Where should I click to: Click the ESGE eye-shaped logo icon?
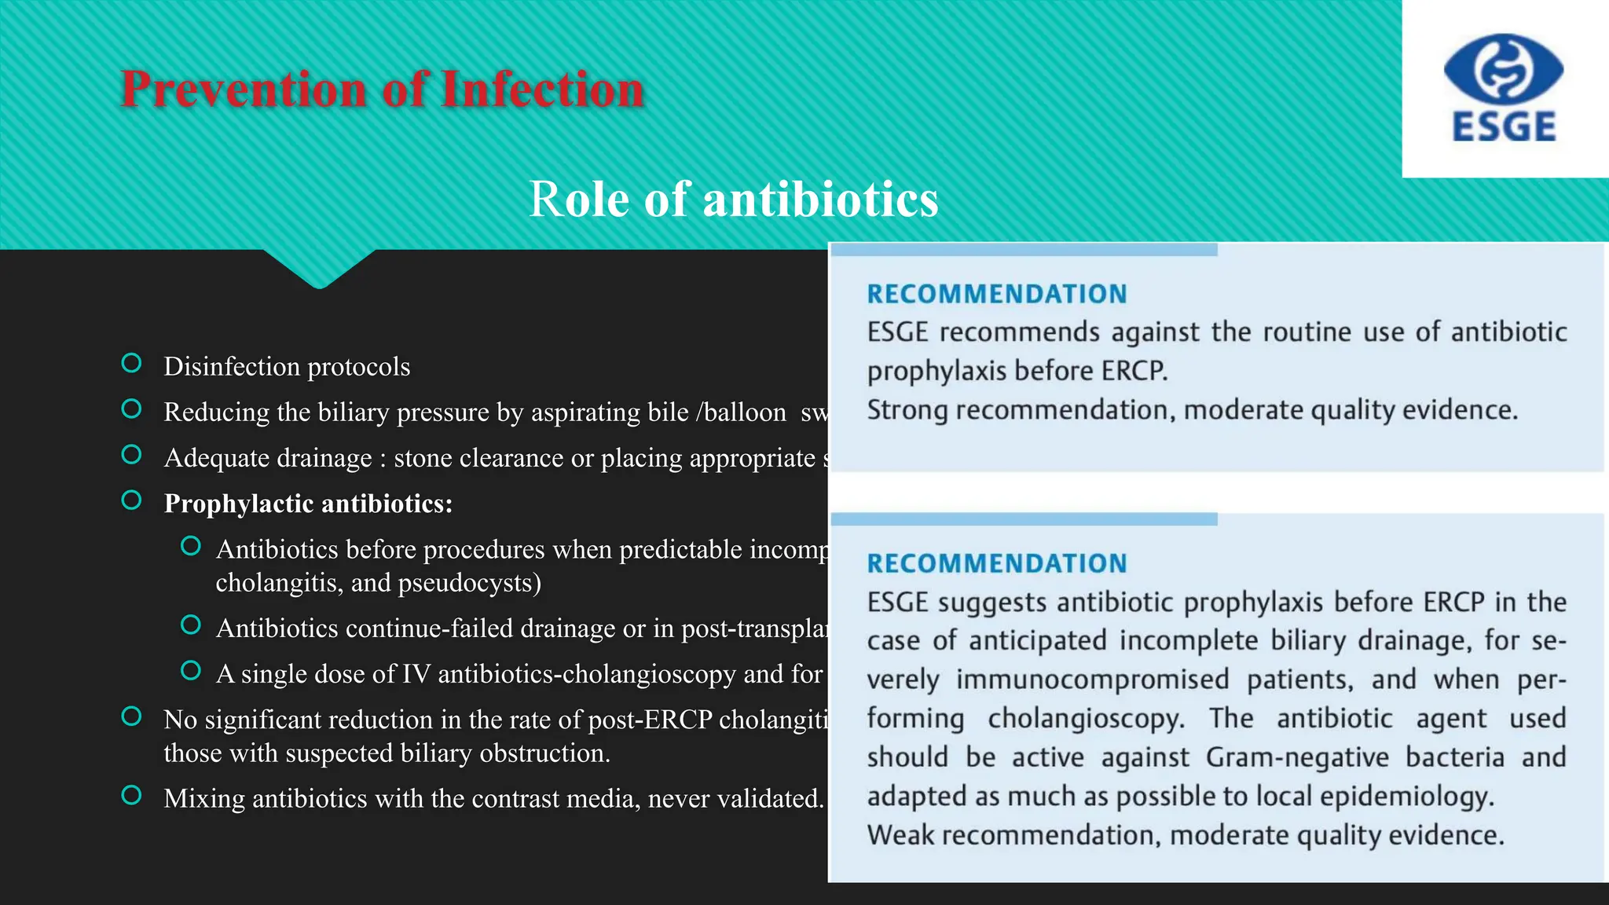click(x=1503, y=68)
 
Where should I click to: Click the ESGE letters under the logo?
click(x=1504, y=127)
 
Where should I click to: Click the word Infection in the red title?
click(x=543, y=89)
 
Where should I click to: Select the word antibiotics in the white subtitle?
click(x=820, y=199)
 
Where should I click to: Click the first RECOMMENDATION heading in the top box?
click(x=997, y=294)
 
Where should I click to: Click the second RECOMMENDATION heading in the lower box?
click(x=997, y=563)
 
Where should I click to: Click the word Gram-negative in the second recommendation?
click(x=1297, y=757)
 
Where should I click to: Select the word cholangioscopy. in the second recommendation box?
click(x=1086, y=718)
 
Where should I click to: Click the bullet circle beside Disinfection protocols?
click(x=132, y=363)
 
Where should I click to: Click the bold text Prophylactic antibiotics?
click(x=308, y=504)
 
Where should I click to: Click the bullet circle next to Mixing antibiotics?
click(x=132, y=795)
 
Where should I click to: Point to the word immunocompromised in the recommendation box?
click(x=1092, y=680)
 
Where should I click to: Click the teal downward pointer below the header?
click(x=319, y=271)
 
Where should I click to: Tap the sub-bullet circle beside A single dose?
click(x=191, y=670)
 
